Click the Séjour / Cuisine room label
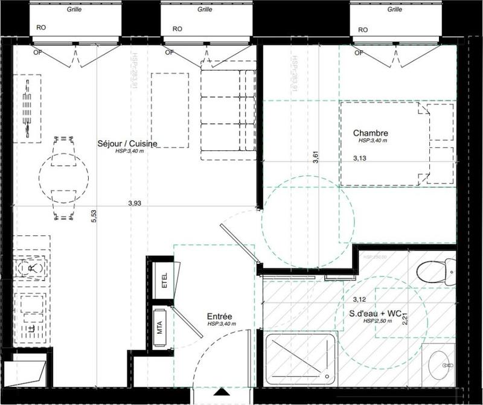[x=127, y=144]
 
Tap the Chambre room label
[x=370, y=133]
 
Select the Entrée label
[x=219, y=316]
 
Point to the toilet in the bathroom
[x=437, y=273]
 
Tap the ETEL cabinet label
[x=163, y=282]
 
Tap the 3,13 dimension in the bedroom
[x=360, y=159]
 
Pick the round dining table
[x=63, y=175]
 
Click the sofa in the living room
[x=226, y=115]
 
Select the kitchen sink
[x=29, y=267]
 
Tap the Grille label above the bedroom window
[x=395, y=10]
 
